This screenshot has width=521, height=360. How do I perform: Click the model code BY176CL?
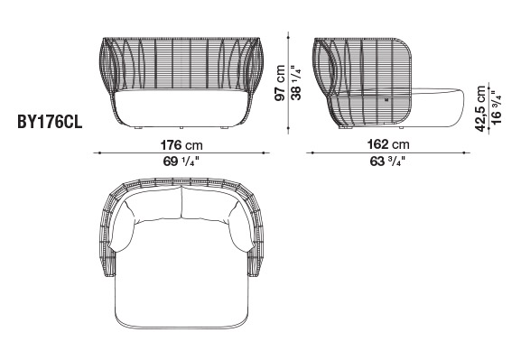[x=50, y=123]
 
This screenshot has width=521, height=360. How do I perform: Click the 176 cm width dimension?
[x=181, y=145]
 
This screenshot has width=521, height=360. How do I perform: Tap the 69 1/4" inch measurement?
[x=181, y=162]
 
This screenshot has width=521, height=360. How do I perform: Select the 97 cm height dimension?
[x=280, y=83]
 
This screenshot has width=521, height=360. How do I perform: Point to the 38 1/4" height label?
[x=296, y=83]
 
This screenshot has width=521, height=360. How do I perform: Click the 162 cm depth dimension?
[x=388, y=144]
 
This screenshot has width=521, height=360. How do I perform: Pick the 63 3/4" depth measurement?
[x=387, y=162]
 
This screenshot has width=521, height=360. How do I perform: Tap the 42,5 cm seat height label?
[x=480, y=108]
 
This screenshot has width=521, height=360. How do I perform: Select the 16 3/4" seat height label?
[x=496, y=107]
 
